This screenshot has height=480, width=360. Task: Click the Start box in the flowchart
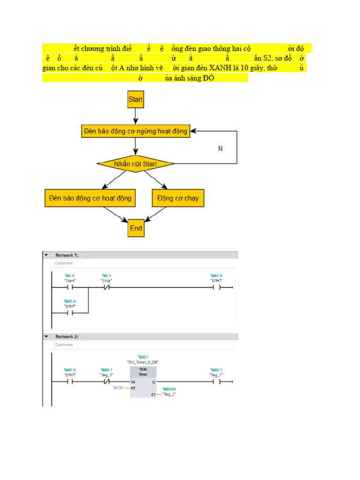(x=135, y=99)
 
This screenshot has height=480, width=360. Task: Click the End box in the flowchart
(x=136, y=228)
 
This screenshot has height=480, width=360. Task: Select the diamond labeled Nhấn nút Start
(x=135, y=164)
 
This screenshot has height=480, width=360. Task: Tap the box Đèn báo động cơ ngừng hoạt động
(x=135, y=131)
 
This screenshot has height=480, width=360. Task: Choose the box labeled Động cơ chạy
(x=178, y=198)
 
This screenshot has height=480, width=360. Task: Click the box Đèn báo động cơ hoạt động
(x=90, y=198)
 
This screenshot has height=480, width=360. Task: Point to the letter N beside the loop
(x=220, y=149)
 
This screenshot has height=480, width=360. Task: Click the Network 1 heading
(x=67, y=255)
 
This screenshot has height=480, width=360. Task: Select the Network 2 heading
(x=67, y=337)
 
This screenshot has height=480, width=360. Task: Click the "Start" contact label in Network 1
(x=70, y=280)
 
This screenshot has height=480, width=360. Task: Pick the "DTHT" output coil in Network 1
(x=216, y=287)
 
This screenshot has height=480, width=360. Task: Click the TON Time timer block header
(x=142, y=371)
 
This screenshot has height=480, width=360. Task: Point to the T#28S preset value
(x=118, y=388)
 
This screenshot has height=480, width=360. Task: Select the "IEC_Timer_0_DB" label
(x=143, y=362)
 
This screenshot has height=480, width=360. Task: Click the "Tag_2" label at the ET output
(x=169, y=394)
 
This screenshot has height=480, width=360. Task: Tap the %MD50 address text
(x=169, y=389)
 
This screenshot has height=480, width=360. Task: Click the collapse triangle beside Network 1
(x=46, y=255)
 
